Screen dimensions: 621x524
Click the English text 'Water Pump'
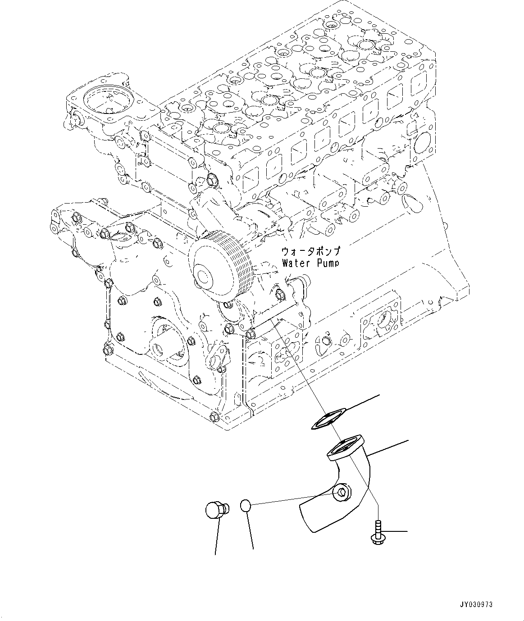pyautogui.click(x=310, y=263)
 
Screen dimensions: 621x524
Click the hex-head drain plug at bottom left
pyautogui.click(x=216, y=510)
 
